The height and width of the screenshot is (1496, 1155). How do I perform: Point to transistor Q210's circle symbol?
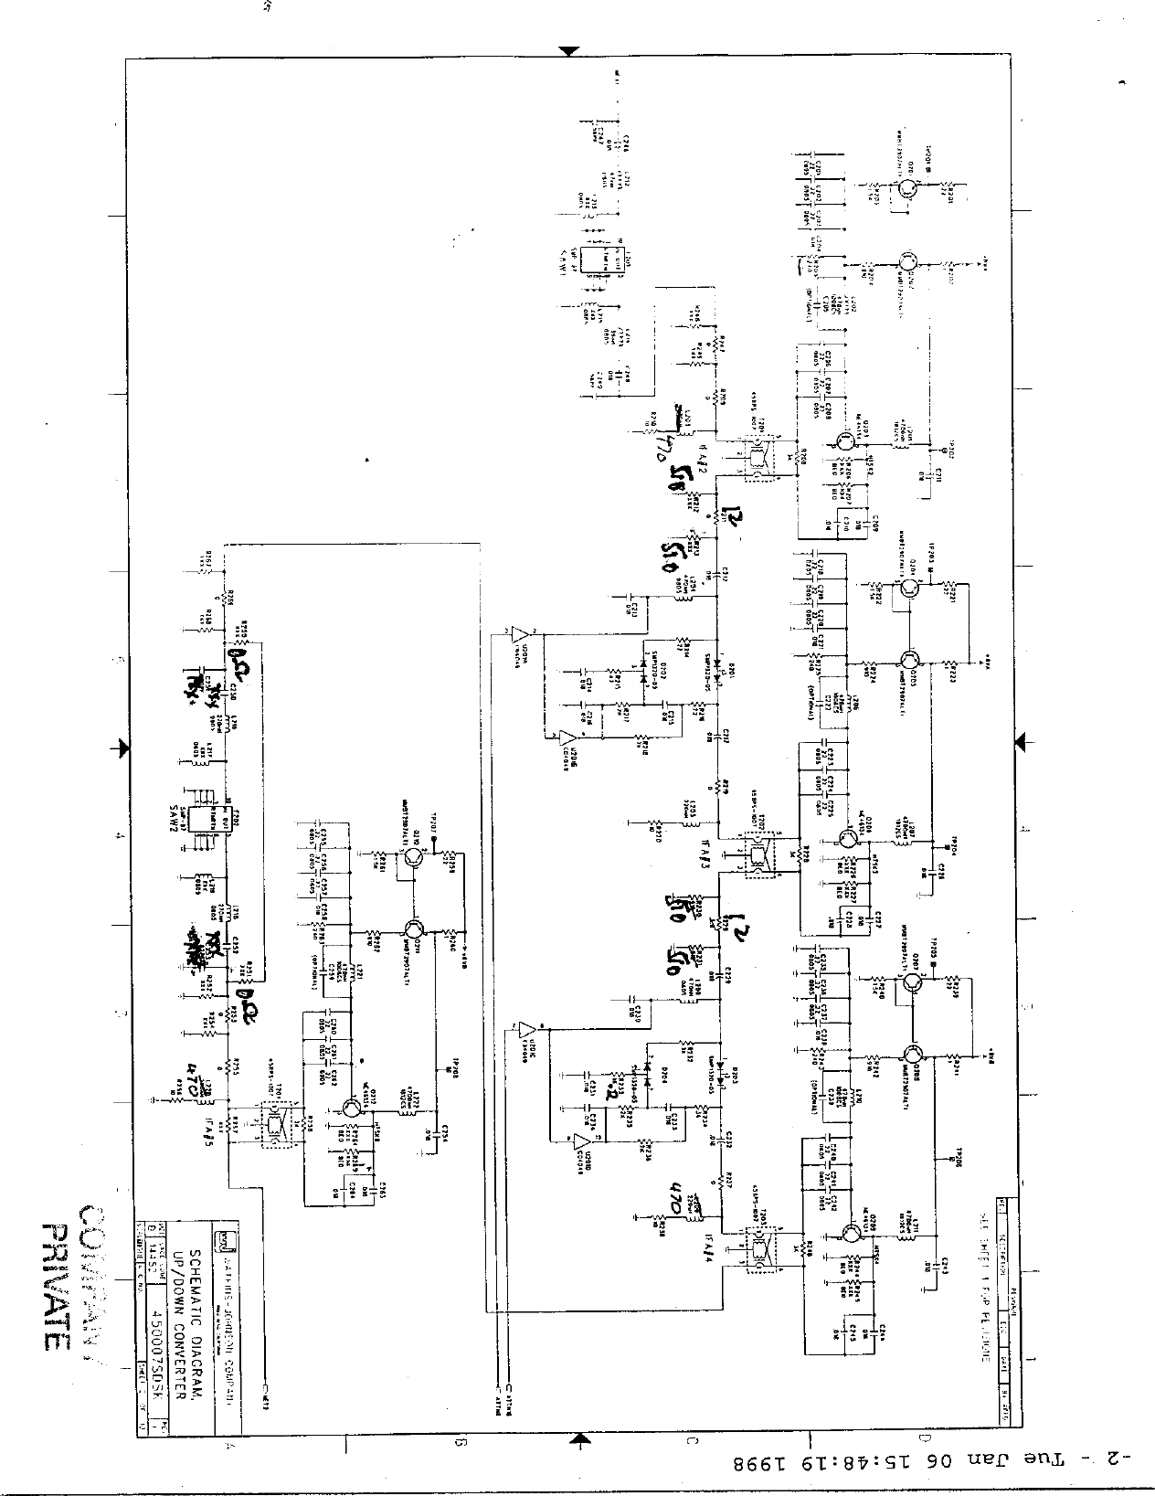tap(416, 856)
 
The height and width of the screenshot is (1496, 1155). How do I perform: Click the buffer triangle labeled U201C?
tap(527, 1031)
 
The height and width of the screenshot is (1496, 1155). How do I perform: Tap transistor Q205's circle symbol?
tap(909, 661)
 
